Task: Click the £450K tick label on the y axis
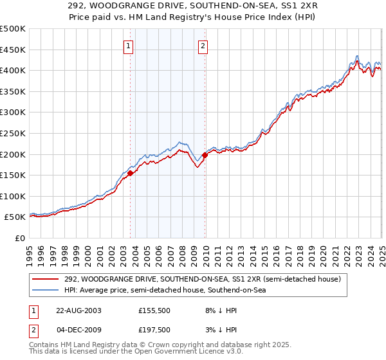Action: point(13,50)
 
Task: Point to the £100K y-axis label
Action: point(13,196)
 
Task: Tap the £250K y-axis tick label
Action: point(13,133)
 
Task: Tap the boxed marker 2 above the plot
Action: point(203,46)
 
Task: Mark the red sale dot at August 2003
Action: point(131,172)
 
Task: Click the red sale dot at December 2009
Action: point(205,155)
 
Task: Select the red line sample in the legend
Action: point(46,279)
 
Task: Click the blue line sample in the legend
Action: point(46,290)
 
